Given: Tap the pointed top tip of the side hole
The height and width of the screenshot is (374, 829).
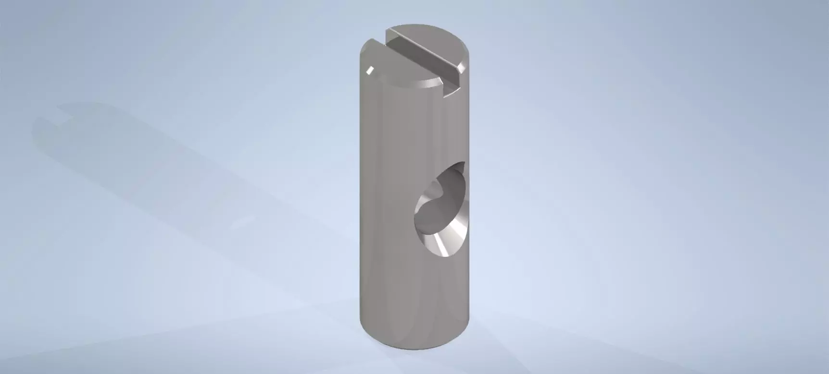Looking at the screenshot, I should [464, 164].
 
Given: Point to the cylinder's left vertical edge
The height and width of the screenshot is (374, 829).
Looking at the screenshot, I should [361, 192].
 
